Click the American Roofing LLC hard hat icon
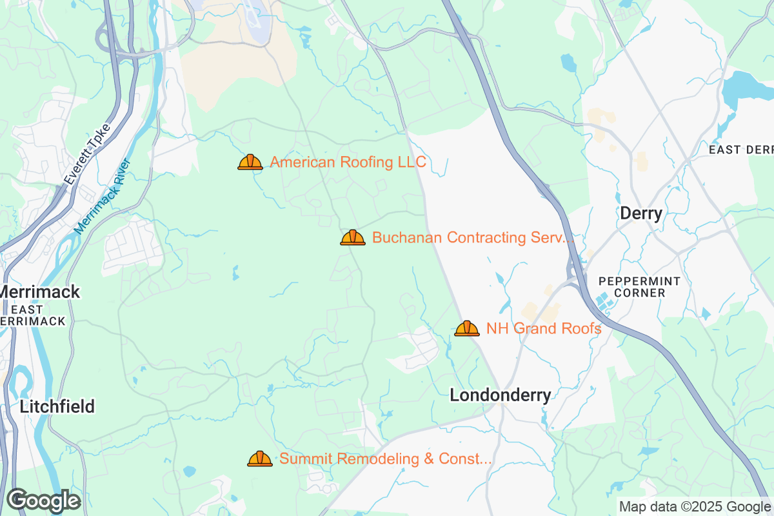click(250, 162)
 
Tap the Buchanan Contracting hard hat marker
click(353, 237)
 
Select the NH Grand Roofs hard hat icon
click(467, 328)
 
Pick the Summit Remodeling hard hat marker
click(260, 459)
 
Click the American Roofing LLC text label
click(348, 162)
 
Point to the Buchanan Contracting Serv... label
click(473, 237)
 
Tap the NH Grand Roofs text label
click(544, 328)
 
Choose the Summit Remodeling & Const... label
click(386, 459)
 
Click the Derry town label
click(641, 213)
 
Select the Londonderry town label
click(501, 395)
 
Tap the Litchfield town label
click(57, 406)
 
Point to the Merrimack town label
click(40, 292)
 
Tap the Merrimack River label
click(103, 196)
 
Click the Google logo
click(43, 501)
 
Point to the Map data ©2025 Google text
click(694, 506)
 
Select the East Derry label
click(740, 150)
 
